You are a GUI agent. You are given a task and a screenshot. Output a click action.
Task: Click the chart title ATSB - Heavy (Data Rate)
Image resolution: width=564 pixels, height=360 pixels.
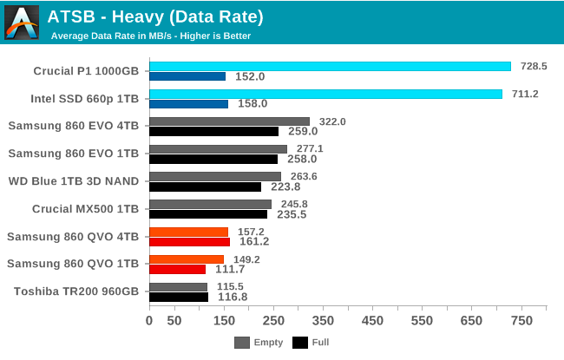pyautogui.click(x=155, y=16)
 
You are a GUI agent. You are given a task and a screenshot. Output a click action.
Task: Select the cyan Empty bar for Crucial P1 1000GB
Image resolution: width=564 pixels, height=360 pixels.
pyautogui.click(x=330, y=66)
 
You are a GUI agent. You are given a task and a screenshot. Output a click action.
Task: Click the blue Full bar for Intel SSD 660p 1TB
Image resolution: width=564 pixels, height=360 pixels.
pyautogui.click(x=188, y=103)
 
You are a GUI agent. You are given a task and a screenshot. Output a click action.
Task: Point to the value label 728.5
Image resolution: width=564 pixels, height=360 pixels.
pyautogui.click(x=531, y=66)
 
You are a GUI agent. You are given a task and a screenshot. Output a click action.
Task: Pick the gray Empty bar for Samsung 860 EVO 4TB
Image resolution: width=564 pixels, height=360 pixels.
pyautogui.click(x=229, y=121)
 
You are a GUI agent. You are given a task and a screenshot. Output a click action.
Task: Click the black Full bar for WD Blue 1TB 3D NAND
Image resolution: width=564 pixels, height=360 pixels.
pyautogui.click(x=205, y=187)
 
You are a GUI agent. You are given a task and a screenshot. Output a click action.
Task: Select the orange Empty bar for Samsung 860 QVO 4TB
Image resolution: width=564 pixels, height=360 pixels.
pyautogui.click(x=188, y=232)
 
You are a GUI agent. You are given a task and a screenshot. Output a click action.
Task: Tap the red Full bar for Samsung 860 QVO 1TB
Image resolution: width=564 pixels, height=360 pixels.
pyautogui.click(x=177, y=269)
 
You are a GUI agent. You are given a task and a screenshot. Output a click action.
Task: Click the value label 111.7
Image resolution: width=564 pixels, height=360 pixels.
pyautogui.click(x=227, y=270)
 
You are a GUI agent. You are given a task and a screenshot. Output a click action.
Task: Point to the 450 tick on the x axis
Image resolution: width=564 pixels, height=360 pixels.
pyautogui.click(x=372, y=321)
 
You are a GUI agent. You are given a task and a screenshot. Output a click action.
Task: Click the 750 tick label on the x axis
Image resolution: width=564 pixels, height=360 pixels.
pyautogui.click(x=521, y=321)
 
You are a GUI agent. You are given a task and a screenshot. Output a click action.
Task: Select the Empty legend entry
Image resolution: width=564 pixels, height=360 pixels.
pyautogui.click(x=259, y=343)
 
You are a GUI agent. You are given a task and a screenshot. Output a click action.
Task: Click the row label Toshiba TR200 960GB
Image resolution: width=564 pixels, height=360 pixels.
pyautogui.click(x=75, y=291)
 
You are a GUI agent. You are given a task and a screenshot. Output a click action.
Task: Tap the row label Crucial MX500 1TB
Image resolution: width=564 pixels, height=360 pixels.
pyautogui.click(x=85, y=208)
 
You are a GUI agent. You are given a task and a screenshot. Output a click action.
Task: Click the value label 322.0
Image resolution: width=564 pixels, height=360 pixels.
pyautogui.click(x=332, y=121)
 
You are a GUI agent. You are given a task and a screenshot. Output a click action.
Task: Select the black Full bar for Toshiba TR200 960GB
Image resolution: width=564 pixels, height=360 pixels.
pyautogui.click(x=178, y=297)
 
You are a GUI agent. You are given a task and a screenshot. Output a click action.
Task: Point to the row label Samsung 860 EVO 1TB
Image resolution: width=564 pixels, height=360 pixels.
pyautogui.click(x=73, y=154)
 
